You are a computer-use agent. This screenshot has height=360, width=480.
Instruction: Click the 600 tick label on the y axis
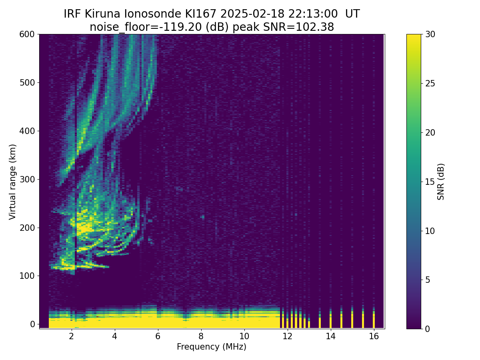[27, 34]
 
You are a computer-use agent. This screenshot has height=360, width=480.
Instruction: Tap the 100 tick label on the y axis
[27, 276]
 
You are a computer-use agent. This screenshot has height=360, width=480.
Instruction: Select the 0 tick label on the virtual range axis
[32, 324]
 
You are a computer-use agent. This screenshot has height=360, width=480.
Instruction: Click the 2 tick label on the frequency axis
[71, 336]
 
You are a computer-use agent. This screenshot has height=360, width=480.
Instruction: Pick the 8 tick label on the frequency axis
[201, 336]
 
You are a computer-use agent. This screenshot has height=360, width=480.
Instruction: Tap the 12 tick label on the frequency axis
[287, 336]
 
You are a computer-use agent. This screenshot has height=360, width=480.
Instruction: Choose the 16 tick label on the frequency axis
[374, 336]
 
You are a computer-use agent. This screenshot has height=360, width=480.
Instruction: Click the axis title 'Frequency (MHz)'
[212, 347]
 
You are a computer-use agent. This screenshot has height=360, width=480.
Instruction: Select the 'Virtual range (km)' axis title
[12, 182]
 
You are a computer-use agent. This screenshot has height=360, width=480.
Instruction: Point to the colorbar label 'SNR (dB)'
[441, 182]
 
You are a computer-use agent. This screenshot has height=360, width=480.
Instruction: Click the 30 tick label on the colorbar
[430, 34]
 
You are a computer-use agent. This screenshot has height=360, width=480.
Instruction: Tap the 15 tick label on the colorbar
[430, 182]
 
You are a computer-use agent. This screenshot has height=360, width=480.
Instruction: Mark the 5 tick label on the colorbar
[428, 280]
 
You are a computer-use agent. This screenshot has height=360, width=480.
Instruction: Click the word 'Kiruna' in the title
[102, 14]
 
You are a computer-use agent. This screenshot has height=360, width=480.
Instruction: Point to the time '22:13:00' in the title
[313, 14]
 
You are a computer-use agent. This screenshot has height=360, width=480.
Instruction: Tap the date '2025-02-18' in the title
[252, 14]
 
